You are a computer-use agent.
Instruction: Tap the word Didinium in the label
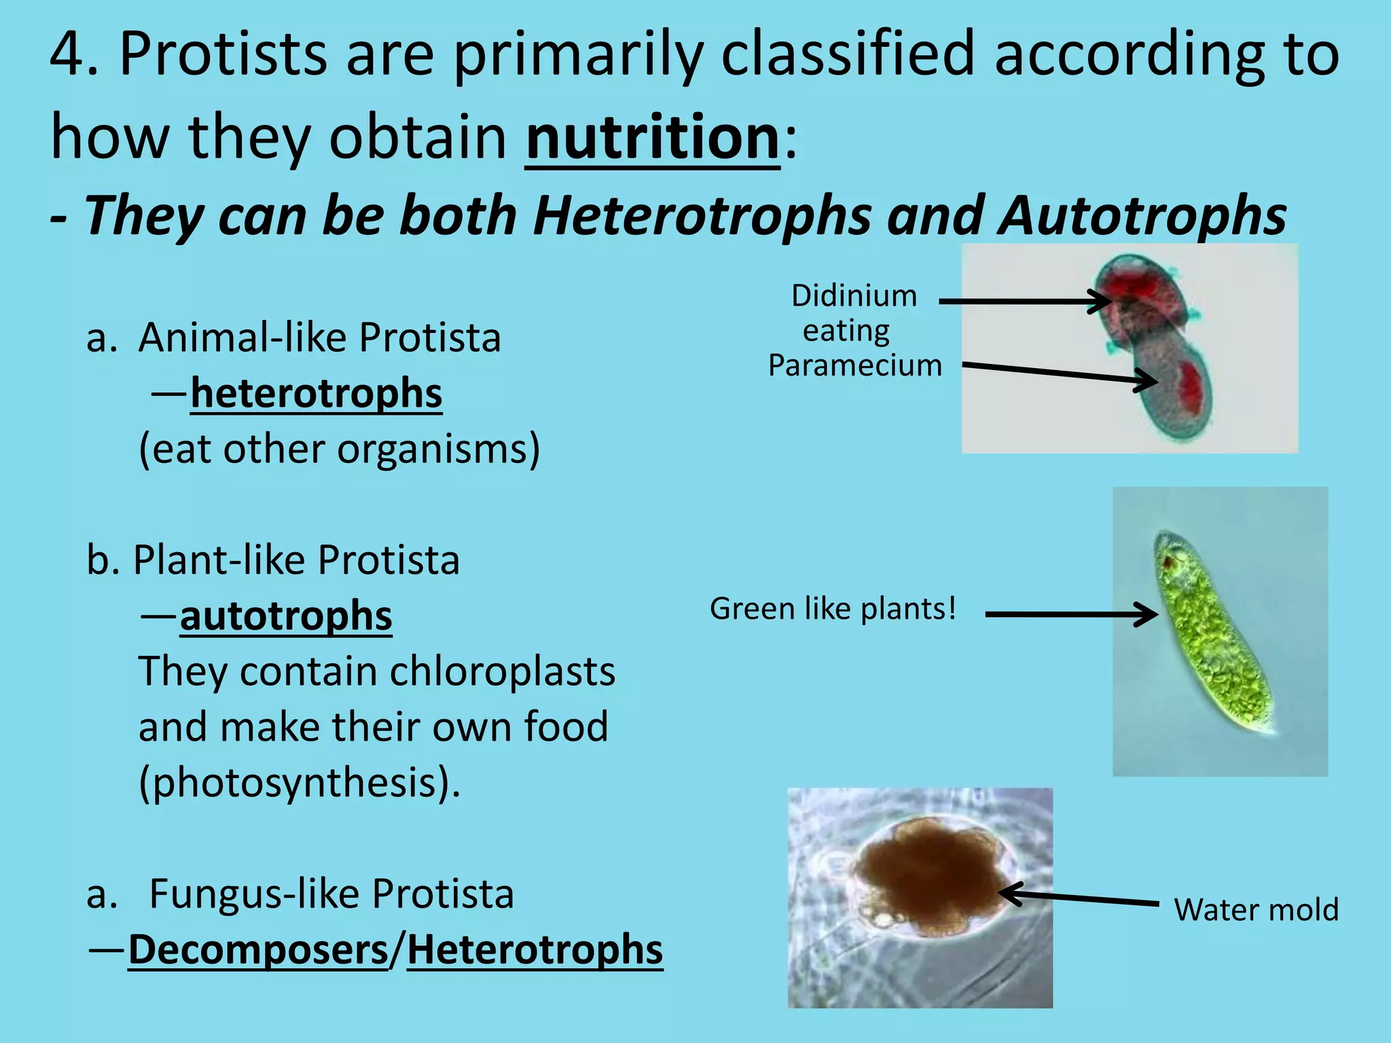pyautogui.click(x=854, y=296)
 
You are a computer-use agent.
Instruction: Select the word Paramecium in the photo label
pyautogui.click(x=855, y=366)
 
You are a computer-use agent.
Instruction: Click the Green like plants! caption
pyautogui.click(x=833, y=609)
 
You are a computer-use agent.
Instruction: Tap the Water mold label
pyautogui.click(x=1256, y=910)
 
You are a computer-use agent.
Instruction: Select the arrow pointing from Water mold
pyautogui.click(x=1080, y=898)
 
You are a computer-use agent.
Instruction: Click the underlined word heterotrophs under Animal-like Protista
pyautogui.click(x=316, y=394)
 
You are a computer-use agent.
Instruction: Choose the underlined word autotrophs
pyautogui.click(x=286, y=617)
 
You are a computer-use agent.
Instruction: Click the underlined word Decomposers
pyautogui.click(x=258, y=950)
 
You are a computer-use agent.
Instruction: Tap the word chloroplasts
pyautogui.click(x=503, y=672)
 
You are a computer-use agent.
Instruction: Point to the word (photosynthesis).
pyautogui.click(x=300, y=783)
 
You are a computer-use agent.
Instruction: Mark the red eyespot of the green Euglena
pyautogui.click(x=1168, y=562)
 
